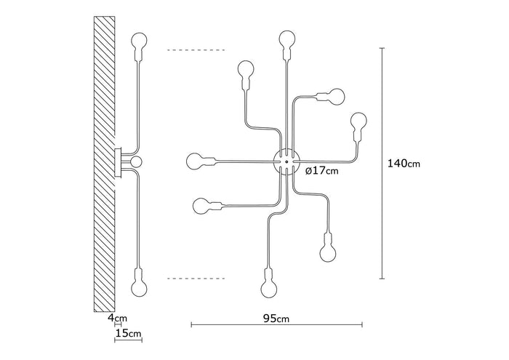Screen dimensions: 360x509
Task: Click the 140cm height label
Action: (x=404, y=164)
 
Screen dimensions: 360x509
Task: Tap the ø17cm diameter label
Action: (x=321, y=171)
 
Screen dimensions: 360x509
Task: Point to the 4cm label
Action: (x=117, y=318)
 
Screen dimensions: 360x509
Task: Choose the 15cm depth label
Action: (x=128, y=333)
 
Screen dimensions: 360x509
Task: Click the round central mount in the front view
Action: (x=285, y=160)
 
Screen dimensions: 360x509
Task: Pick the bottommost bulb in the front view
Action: (x=268, y=285)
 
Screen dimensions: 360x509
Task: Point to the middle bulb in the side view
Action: (x=136, y=160)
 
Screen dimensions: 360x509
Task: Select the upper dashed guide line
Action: (x=196, y=50)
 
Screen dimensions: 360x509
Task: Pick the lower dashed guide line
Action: (x=196, y=278)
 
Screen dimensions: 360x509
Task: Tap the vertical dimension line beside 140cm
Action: (x=382, y=164)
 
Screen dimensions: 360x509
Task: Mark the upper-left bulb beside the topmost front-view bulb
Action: (x=246, y=72)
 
